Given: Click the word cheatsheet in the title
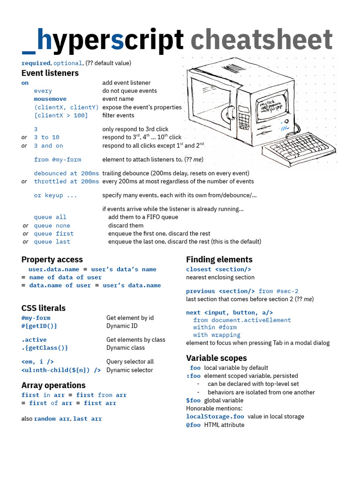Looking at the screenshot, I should (261, 40).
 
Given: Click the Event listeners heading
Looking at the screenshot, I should (50, 73).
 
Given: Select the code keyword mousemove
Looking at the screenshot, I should (50, 99).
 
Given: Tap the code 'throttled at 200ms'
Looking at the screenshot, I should (66, 181).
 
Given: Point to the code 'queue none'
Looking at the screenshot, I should (52, 225).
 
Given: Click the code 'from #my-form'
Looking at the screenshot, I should (57, 159).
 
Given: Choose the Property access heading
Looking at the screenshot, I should (52, 260).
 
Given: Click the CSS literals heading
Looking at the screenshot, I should (44, 308).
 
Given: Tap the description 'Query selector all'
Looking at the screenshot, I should (130, 362).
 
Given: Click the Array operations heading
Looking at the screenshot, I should (53, 385).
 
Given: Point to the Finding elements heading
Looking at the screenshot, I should (219, 260).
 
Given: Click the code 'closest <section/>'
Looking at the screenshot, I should (218, 269).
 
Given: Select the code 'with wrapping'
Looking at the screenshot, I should (217, 335).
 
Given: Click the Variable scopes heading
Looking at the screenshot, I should (216, 358).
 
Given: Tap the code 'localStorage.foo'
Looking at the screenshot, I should (215, 416).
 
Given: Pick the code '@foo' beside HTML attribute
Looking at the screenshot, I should (193, 425).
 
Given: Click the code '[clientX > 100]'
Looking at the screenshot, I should (60, 115).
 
